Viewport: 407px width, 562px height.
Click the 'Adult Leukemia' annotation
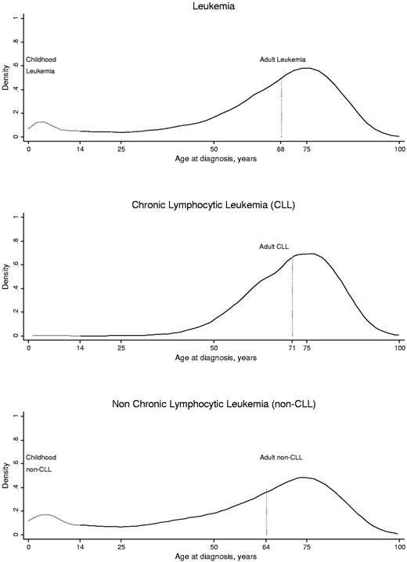click(x=283, y=59)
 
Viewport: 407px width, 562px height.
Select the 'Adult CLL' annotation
click(x=274, y=247)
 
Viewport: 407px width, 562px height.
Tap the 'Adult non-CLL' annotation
click(x=281, y=457)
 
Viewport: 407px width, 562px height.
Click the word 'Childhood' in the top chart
click(x=41, y=59)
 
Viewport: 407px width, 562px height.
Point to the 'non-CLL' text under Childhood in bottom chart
click(x=39, y=470)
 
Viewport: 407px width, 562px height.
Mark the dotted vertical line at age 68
click(x=281, y=110)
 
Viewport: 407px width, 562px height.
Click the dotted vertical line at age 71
click(x=292, y=297)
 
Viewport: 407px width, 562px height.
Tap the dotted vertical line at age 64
click(x=266, y=513)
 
